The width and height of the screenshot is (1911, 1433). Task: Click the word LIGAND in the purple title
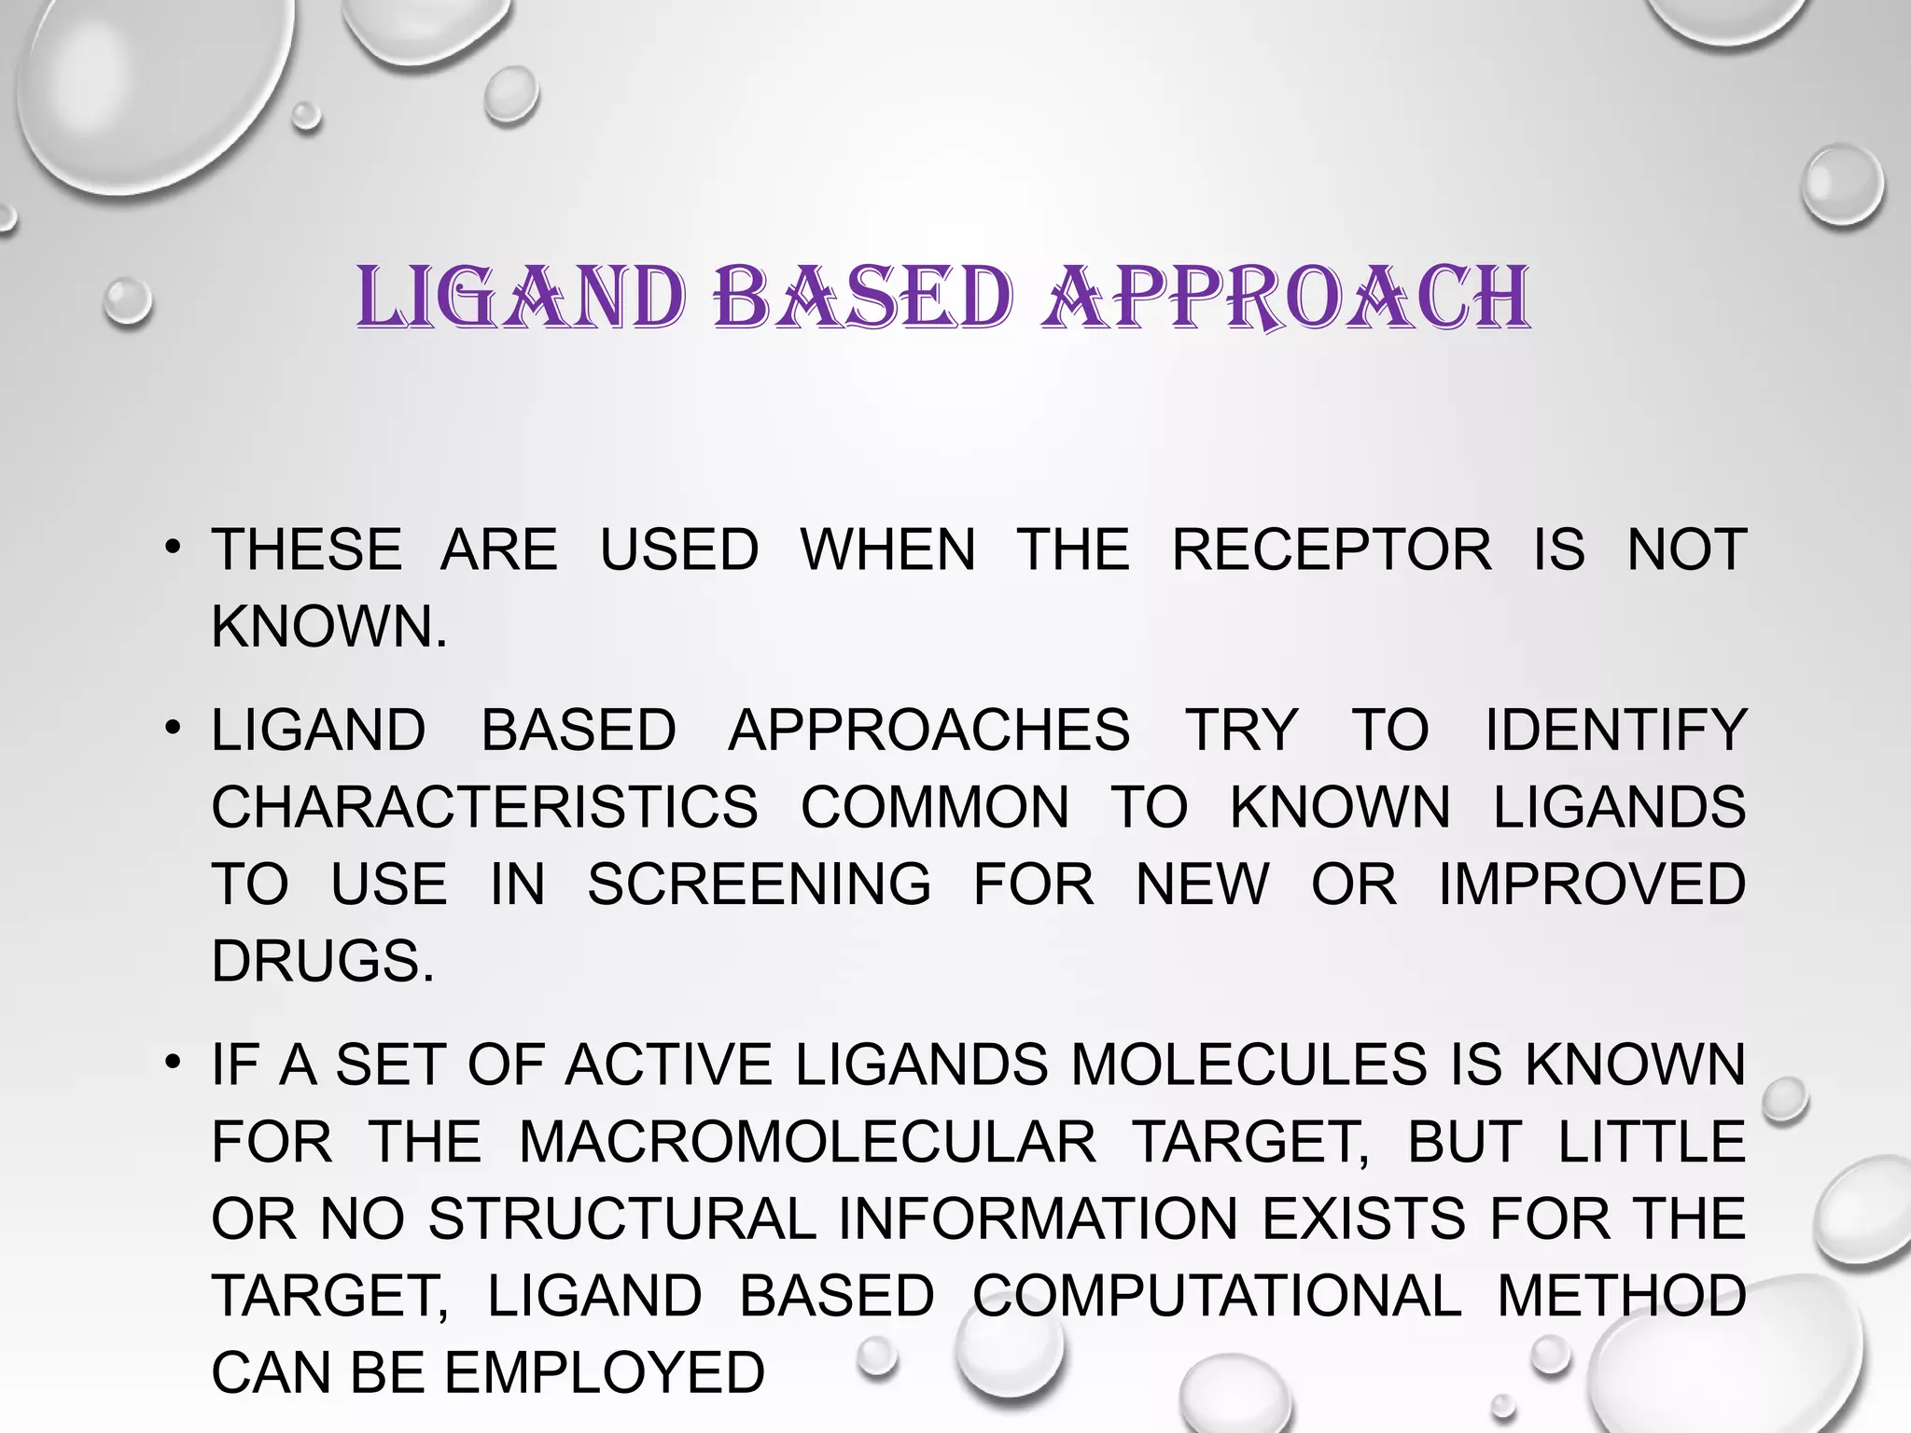pos(521,299)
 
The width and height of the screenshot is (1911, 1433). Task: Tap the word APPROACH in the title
pos(1286,299)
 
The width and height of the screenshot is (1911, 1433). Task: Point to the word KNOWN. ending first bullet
pos(328,626)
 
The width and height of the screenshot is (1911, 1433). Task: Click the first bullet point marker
pos(172,547)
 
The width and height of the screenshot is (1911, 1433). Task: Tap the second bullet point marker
pos(172,728)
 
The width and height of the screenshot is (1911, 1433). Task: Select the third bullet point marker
pos(172,1063)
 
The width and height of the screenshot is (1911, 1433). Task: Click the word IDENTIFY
pos(1615,730)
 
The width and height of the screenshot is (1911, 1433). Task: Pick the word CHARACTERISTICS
pos(484,807)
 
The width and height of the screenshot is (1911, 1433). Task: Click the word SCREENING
pos(759,883)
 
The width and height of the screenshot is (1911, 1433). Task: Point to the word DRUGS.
pos(323,961)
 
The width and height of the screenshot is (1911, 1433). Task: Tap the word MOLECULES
pos(1248,1064)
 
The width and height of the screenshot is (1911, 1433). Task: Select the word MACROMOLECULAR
pos(807,1142)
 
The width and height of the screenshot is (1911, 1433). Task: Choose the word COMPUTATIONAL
pos(1217,1296)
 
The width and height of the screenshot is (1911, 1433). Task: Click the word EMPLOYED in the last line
pos(604,1373)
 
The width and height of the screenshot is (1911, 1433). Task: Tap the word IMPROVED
pos(1591,883)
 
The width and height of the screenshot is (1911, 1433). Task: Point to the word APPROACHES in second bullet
pos(928,730)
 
